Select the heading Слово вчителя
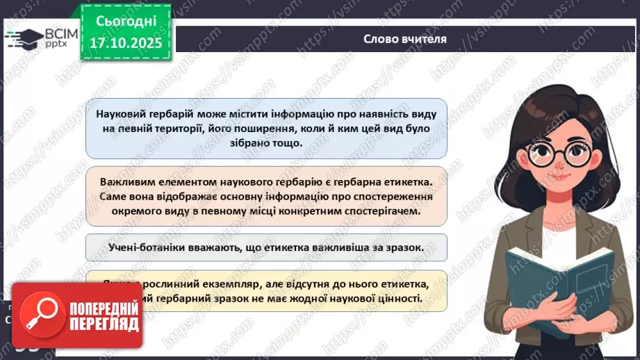coord(404,40)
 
